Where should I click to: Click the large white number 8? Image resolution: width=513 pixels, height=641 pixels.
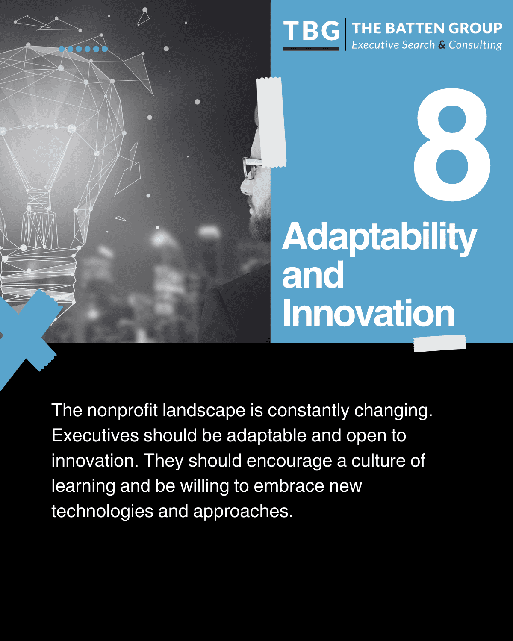452,144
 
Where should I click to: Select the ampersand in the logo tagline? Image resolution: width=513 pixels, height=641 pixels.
442,44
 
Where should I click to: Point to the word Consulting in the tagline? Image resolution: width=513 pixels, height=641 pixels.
475,45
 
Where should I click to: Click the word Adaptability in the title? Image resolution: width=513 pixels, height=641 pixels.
379,237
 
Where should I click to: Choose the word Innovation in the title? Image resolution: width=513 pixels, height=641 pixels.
368,313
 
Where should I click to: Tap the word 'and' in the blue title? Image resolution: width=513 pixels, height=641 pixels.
313,275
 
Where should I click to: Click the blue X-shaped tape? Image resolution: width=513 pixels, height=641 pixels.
26,333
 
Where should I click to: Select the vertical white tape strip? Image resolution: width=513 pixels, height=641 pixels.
271,122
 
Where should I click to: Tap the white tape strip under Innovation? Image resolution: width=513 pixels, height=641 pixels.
439,343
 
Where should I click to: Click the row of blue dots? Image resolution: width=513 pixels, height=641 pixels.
83,49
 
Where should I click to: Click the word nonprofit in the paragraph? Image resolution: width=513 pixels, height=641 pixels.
122,410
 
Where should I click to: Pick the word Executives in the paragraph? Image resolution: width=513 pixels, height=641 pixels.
95,435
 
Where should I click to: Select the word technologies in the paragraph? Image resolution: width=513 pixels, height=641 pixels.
102,511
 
